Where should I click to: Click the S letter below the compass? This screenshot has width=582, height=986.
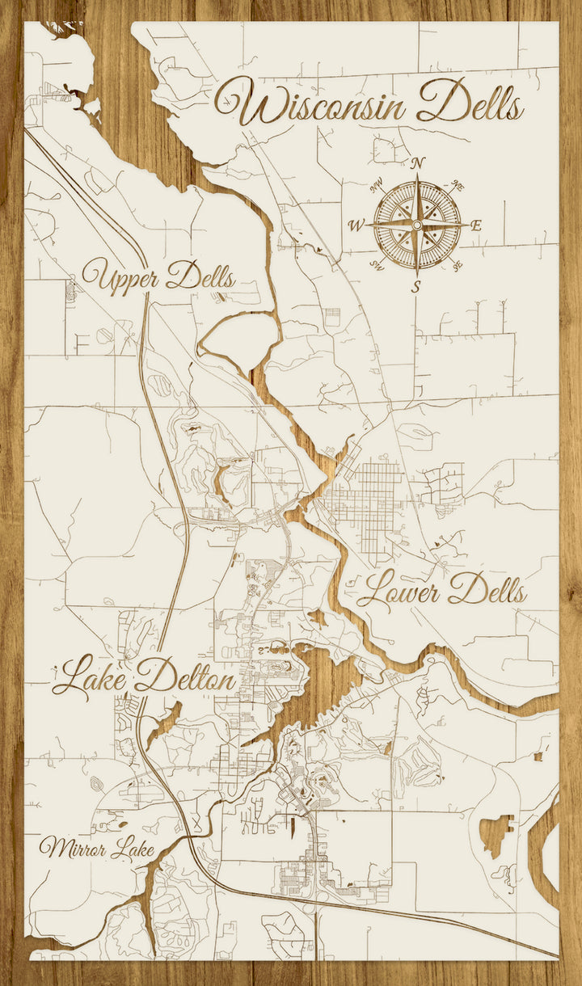417,286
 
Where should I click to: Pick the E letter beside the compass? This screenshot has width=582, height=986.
476,225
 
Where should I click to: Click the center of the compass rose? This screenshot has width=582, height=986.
417,224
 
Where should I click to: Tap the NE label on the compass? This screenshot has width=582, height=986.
458,187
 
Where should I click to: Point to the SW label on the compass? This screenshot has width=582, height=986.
376,264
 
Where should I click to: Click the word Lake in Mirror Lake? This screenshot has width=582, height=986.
133,849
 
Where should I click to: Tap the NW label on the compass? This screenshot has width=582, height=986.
376,188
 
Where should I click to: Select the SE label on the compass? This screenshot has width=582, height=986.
458,264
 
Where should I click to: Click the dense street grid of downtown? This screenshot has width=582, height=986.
368,501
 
